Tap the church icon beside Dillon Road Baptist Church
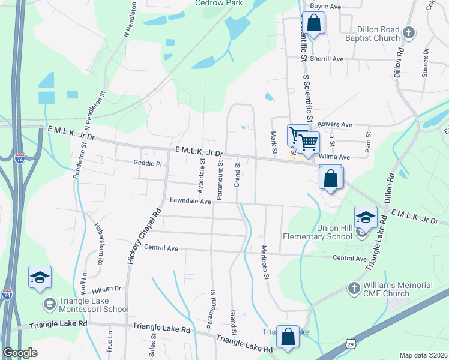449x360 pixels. click(x=409, y=32)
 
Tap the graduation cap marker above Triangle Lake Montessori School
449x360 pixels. click(x=40, y=278)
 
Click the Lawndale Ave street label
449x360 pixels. click(x=190, y=202)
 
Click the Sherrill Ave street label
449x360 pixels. click(x=327, y=59)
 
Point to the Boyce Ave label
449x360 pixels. click(x=325, y=6)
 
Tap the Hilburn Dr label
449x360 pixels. click(x=110, y=288)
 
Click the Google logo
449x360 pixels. click(x=20, y=353)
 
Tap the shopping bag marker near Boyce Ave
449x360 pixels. click(x=313, y=24)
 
